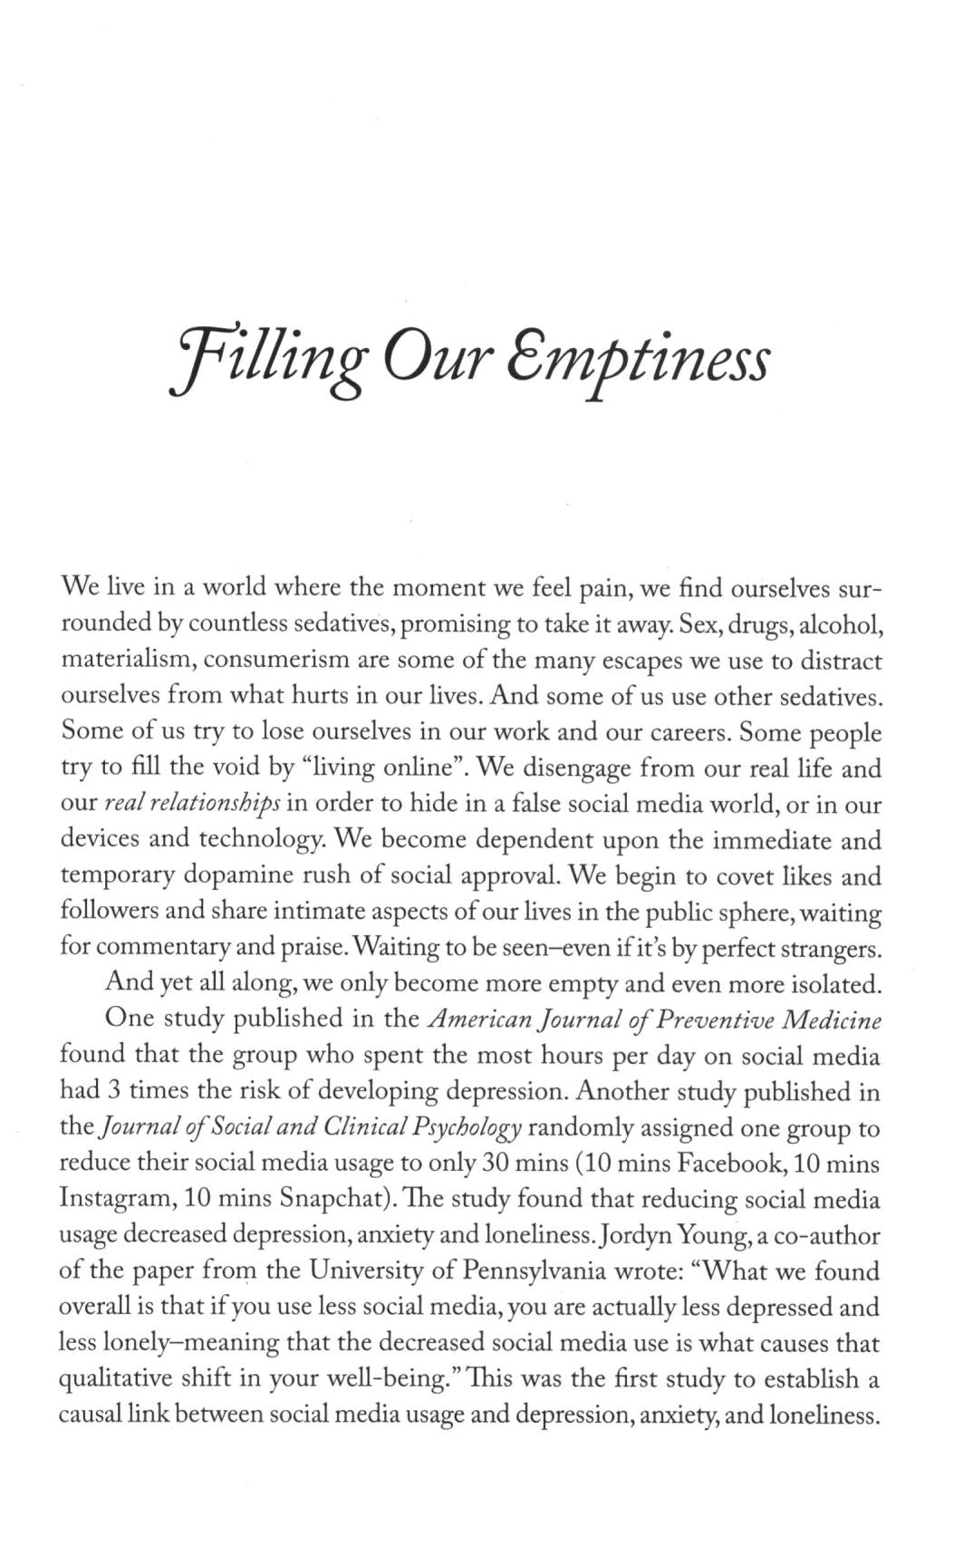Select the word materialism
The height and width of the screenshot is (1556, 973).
tap(124, 661)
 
